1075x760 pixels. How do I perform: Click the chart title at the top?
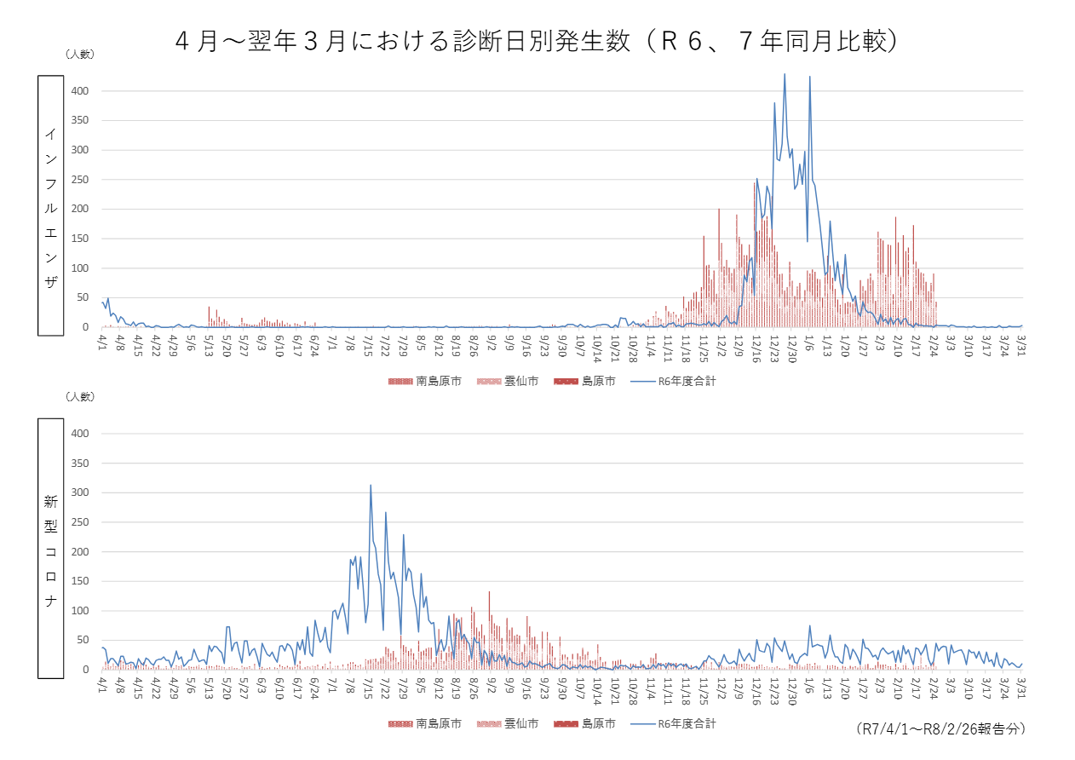coord(537,40)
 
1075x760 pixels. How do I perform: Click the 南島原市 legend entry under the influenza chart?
coord(426,381)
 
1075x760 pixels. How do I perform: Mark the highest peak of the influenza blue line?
coord(785,74)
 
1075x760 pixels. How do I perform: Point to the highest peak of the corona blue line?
coord(371,486)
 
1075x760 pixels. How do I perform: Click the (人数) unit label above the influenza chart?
coord(80,54)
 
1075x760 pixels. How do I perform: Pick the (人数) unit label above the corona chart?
coord(80,396)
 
